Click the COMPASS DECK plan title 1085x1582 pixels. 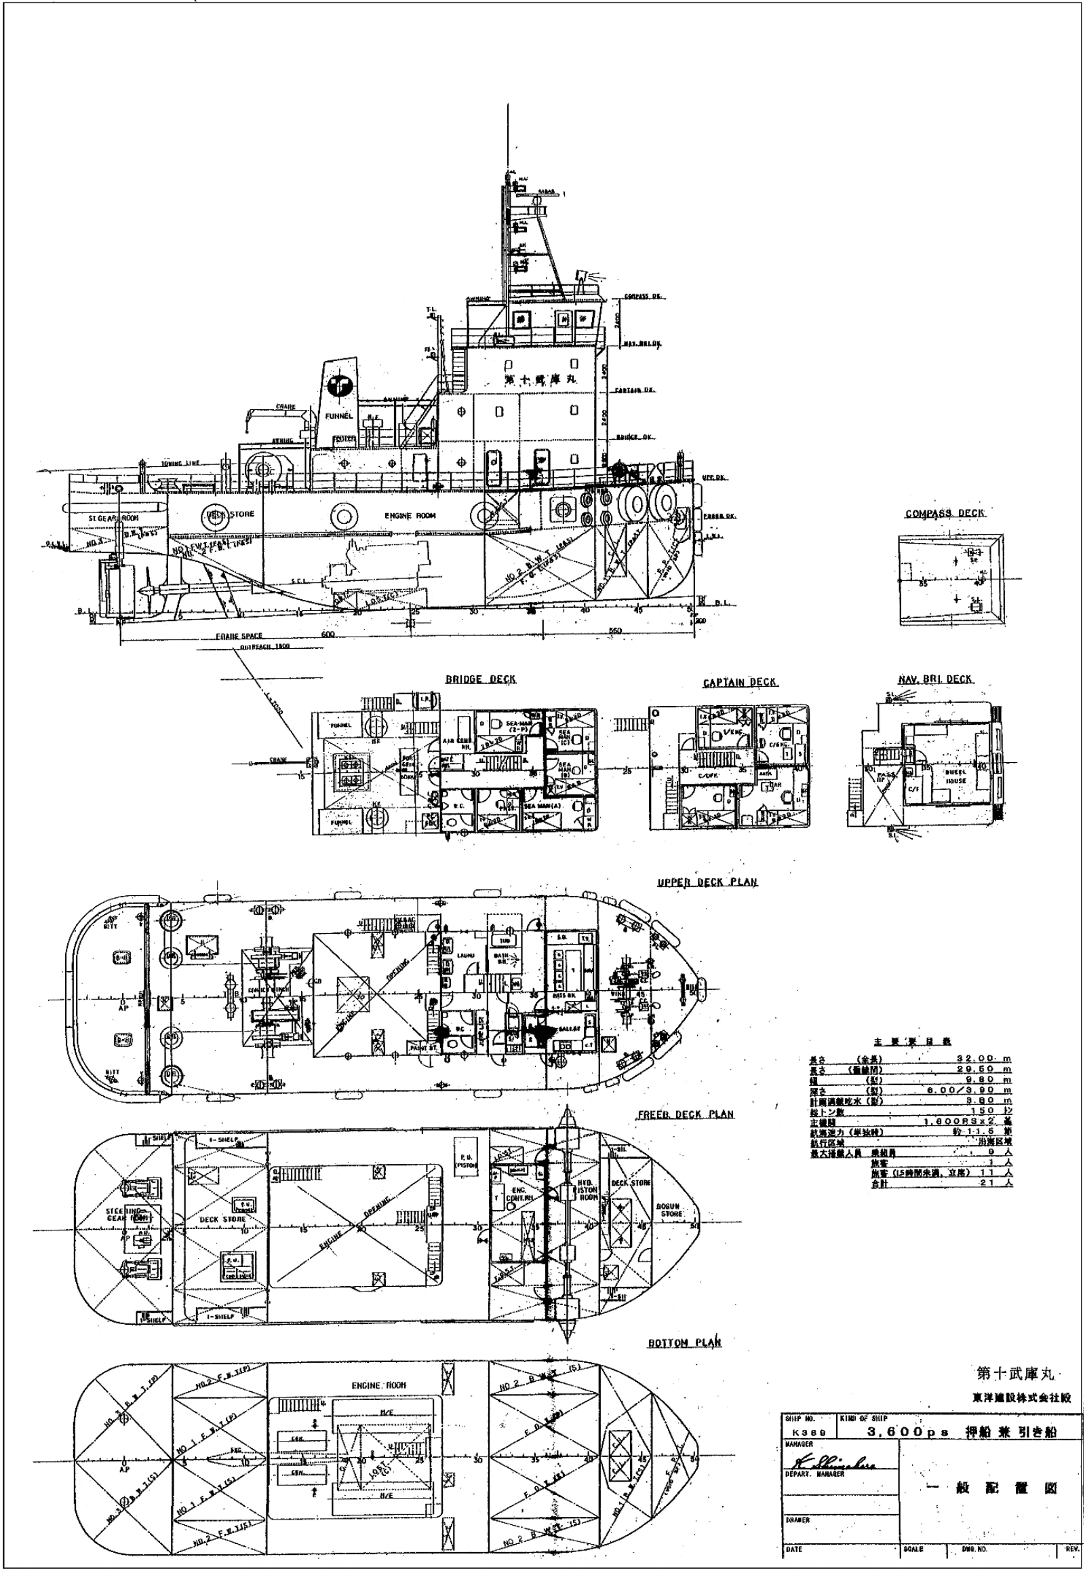[x=944, y=513]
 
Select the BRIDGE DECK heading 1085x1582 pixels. [x=480, y=679]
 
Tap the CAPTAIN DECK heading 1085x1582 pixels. [x=740, y=683]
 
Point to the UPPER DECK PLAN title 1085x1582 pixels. [x=707, y=882]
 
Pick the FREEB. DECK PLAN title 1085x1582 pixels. [x=685, y=1114]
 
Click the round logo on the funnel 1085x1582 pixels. [x=338, y=386]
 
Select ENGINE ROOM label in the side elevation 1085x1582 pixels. [x=410, y=516]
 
